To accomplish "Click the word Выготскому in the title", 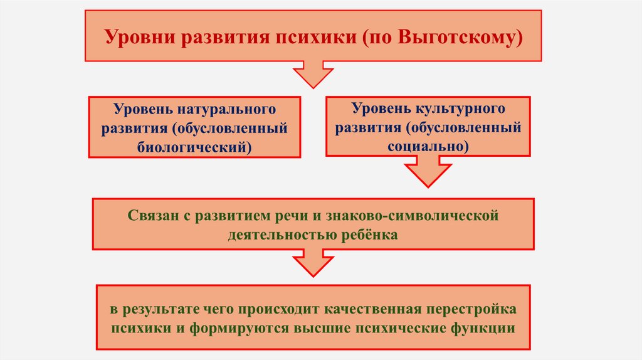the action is coord(461,36).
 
